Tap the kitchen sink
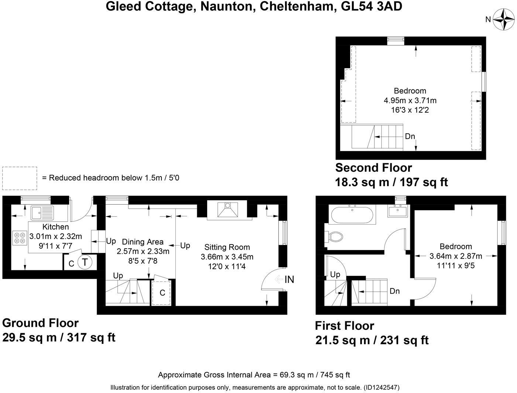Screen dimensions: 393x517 42,213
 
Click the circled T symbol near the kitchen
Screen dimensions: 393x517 85,262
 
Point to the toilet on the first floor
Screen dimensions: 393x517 333,236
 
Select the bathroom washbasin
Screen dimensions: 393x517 397,211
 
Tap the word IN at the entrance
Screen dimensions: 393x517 289,280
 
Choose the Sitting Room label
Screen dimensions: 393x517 227,247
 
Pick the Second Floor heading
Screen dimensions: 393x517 373,168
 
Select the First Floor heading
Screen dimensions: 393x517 344,326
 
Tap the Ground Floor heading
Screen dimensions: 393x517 40,323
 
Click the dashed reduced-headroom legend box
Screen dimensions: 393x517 20,178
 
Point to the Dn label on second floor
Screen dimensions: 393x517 410,136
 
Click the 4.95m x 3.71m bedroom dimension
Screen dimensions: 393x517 410,100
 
